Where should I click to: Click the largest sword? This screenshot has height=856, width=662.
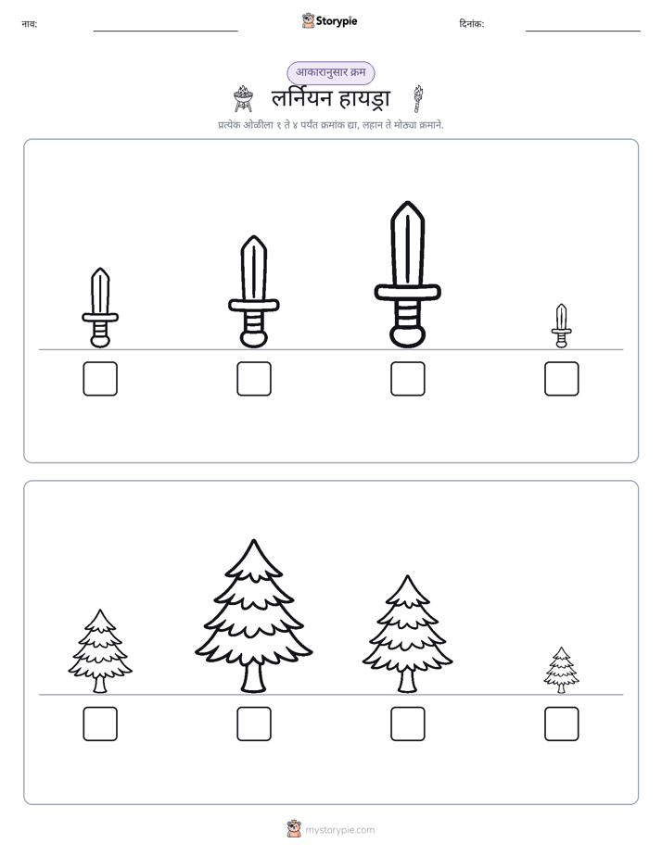(407, 274)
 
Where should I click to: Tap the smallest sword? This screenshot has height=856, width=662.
(562, 326)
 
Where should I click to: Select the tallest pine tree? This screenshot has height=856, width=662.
(253, 616)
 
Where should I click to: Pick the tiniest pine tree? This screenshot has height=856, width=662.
(562, 670)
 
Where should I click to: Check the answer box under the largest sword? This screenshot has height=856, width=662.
(408, 378)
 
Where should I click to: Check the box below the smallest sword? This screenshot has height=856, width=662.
(562, 378)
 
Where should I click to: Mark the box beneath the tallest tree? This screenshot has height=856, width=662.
(254, 724)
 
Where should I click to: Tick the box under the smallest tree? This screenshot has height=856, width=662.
(562, 724)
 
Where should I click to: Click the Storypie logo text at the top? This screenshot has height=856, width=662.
(337, 21)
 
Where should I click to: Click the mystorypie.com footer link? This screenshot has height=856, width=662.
(339, 830)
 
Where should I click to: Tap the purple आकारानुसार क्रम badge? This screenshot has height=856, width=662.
(331, 72)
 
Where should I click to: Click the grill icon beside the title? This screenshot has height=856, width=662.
(243, 99)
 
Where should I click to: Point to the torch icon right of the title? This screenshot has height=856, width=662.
(418, 99)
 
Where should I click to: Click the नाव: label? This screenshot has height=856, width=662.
(30, 24)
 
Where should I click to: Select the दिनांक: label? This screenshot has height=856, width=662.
(472, 24)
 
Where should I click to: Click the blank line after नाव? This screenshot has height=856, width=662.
(165, 31)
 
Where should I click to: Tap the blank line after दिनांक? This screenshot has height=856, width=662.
(583, 31)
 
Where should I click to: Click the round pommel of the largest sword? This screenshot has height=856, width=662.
(407, 335)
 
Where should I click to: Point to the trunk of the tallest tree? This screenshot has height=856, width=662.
(253, 677)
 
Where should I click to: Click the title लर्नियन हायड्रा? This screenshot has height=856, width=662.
(331, 99)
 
